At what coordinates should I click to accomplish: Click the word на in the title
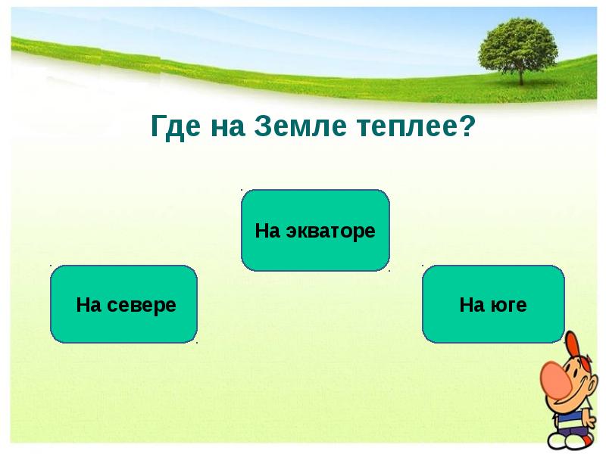(x=224, y=126)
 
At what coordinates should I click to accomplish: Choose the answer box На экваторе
(x=315, y=231)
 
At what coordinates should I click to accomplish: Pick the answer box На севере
(x=123, y=305)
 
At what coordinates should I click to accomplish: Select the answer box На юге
(x=493, y=305)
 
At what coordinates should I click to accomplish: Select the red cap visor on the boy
(x=573, y=342)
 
